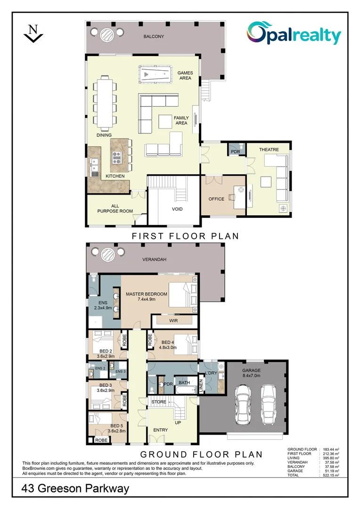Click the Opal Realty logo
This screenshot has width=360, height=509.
click(295, 34)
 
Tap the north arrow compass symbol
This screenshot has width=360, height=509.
click(33, 34)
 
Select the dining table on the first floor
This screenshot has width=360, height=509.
click(103, 102)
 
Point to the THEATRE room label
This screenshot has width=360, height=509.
click(269, 150)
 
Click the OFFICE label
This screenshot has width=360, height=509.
click(216, 199)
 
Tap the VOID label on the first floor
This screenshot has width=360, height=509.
click(177, 209)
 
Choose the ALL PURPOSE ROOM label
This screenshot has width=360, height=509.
click(115, 208)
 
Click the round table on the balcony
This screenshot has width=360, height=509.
click(107, 34)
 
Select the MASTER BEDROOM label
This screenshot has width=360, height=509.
click(147, 294)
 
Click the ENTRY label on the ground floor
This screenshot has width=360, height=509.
click(160, 430)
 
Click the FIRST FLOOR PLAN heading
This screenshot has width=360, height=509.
click(185, 236)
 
